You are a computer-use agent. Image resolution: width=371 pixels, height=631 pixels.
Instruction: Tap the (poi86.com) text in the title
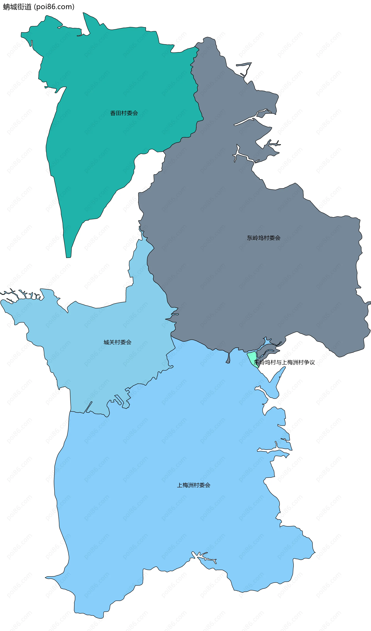coord(54,7)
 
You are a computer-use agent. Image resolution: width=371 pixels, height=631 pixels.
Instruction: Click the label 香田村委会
coord(124,113)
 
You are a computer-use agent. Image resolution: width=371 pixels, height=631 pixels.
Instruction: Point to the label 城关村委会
coord(117,342)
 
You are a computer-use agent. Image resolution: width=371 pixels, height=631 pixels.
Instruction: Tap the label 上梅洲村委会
coord(194,485)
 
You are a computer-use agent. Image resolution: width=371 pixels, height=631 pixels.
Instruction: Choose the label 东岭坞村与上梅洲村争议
coord(284,362)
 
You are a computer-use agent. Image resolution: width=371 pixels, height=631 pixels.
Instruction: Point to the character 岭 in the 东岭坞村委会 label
coord(255,238)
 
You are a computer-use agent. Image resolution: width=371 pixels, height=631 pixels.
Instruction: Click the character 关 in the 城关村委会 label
coord(112,342)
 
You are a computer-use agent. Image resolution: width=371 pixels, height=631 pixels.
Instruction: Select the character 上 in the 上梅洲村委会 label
coord(180,485)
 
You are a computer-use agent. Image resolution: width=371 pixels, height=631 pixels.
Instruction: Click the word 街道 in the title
coord(24,7)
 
